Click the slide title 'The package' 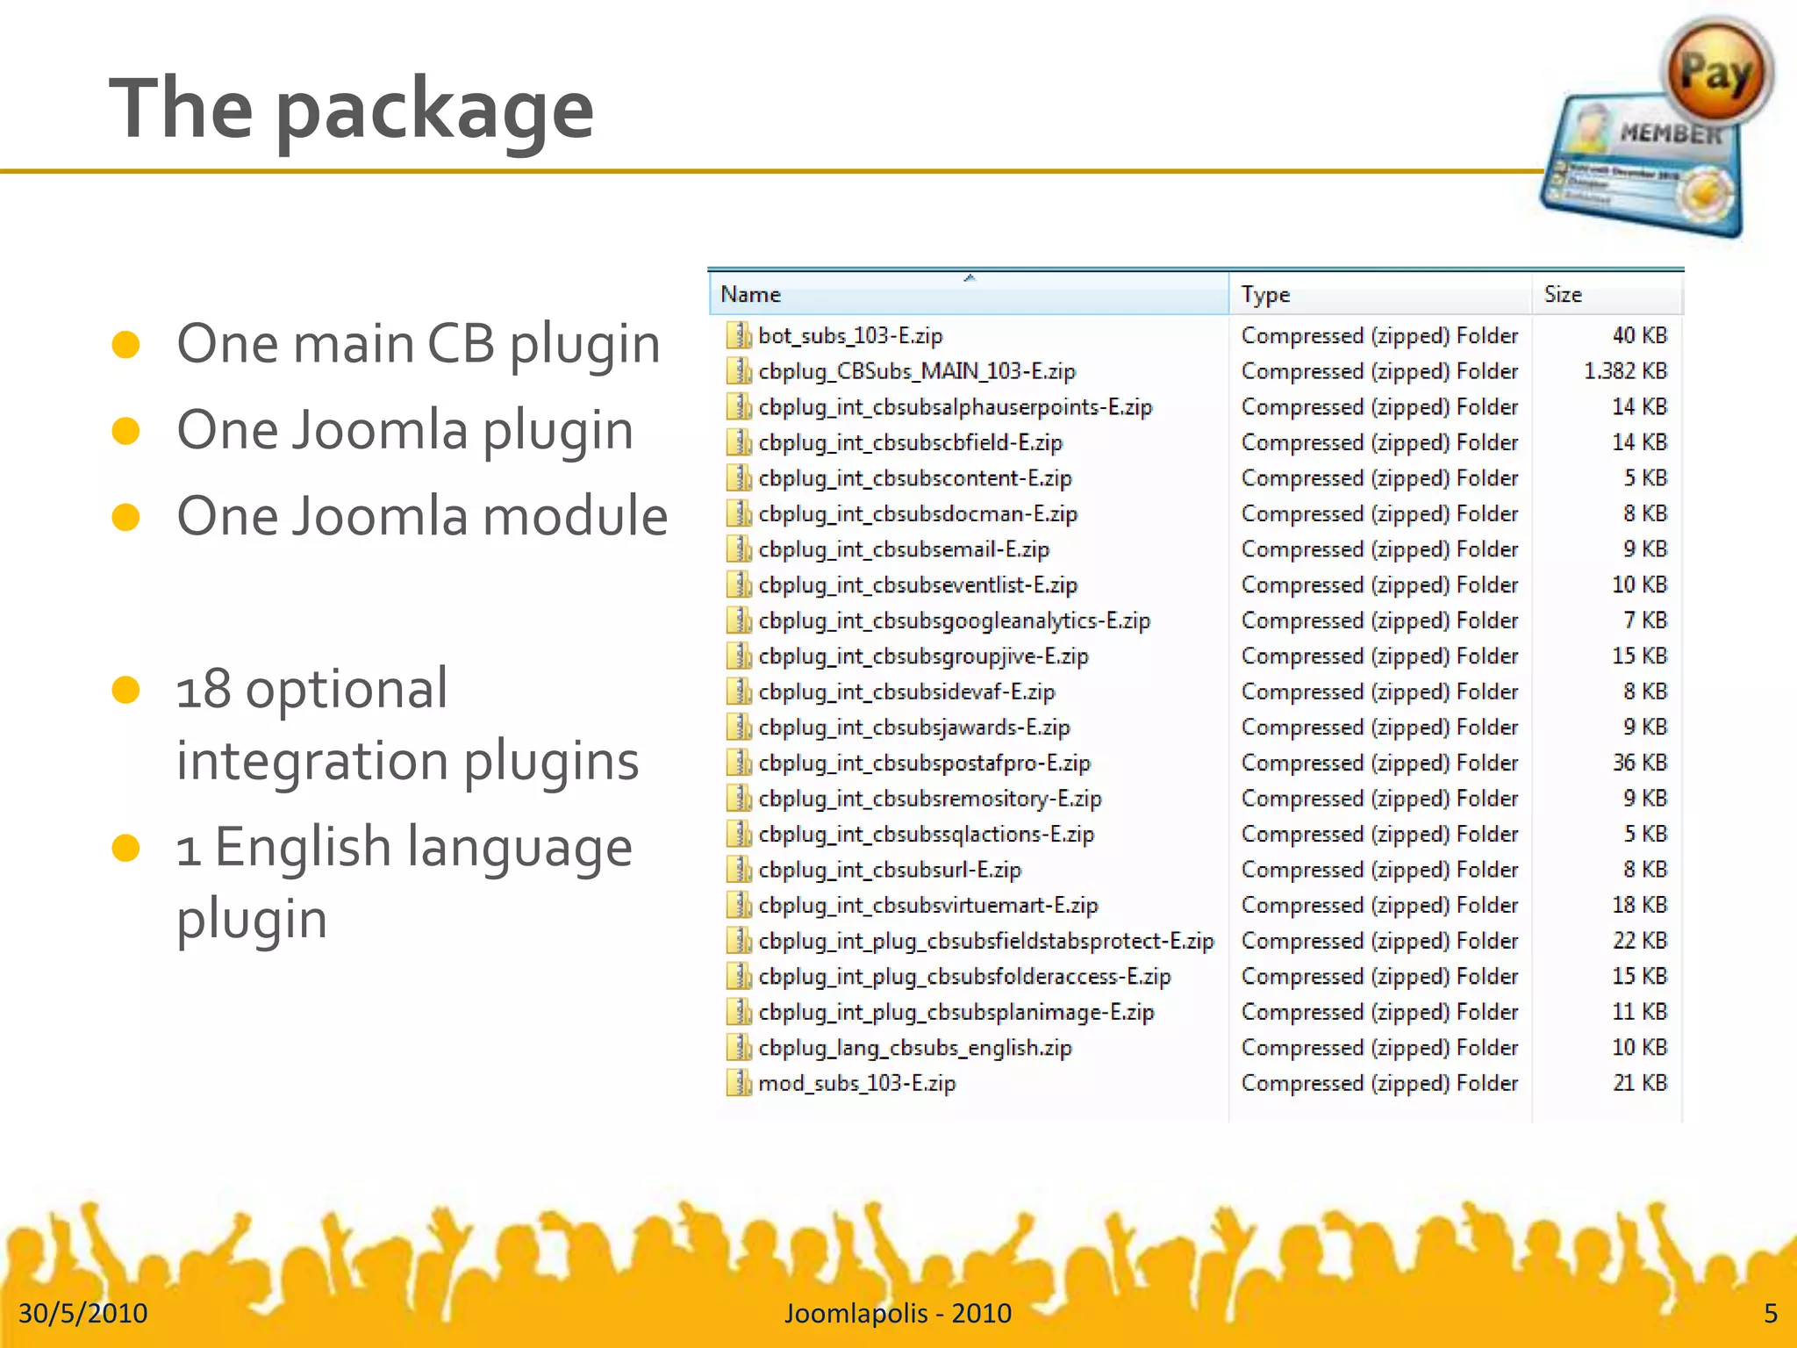pos(351,109)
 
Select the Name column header pos(750,295)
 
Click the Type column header pos(1264,295)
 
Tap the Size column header pos(1563,295)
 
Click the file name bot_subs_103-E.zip pos(849,336)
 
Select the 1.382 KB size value pos(1624,371)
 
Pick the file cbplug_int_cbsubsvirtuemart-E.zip pos(927,906)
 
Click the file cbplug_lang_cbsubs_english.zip pos(914,1048)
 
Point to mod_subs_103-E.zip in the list pos(856,1084)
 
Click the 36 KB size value pos(1639,763)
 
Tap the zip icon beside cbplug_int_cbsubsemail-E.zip pos(740,550)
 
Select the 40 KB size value pos(1639,336)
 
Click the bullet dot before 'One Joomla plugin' pos(126,431)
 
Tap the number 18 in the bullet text pos(203,690)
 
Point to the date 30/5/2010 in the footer pos(82,1313)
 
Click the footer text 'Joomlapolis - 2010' pos(898,1313)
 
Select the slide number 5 pos(1770,1313)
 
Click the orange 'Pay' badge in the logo pos(1715,73)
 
